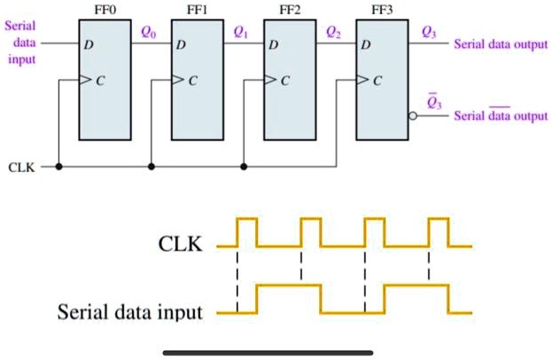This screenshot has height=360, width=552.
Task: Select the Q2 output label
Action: pos(331,33)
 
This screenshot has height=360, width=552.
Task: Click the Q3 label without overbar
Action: pos(429,33)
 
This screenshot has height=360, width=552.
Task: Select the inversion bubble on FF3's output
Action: pos(413,116)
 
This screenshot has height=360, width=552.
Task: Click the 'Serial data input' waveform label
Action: pos(129,312)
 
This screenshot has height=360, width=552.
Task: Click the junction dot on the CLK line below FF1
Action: pos(152,166)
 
